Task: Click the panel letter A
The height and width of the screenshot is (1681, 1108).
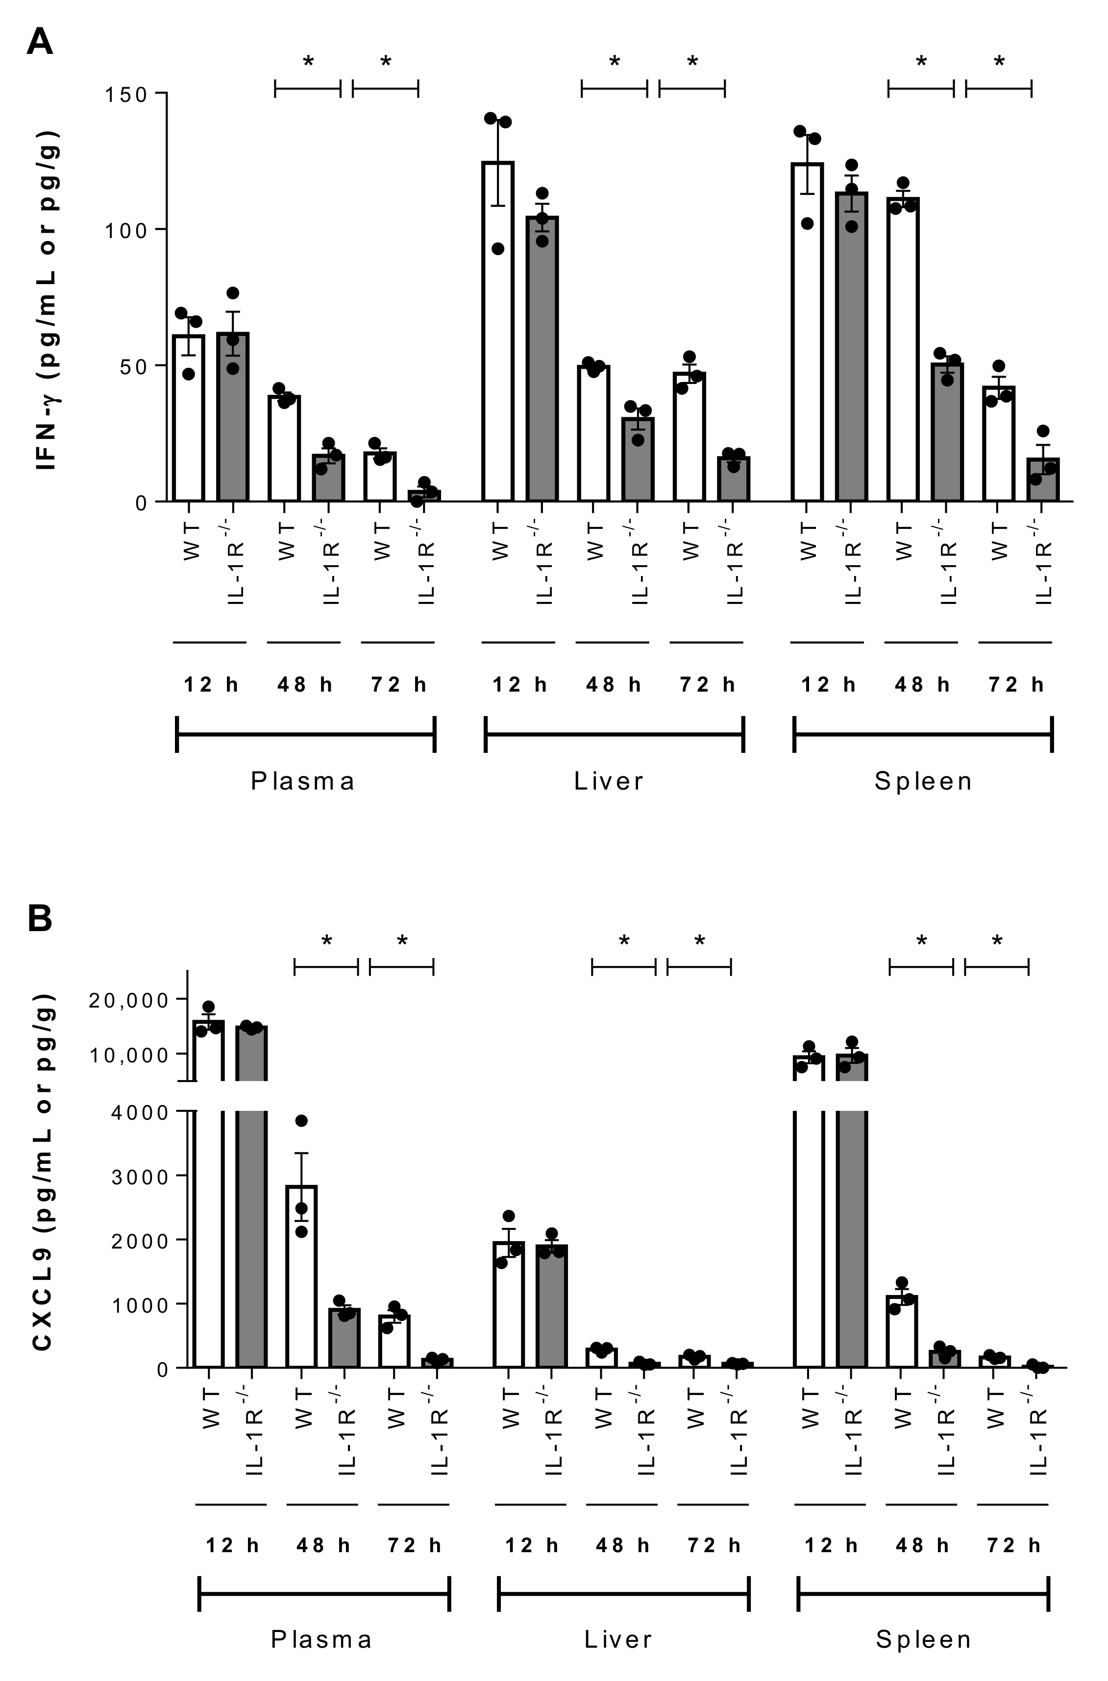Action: [x=40, y=43]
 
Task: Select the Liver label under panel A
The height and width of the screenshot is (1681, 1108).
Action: [x=609, y=781]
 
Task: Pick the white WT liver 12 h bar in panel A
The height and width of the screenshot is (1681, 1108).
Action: [x=498, y=332]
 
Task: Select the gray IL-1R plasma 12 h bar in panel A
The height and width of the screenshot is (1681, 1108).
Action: [x=232, y=417]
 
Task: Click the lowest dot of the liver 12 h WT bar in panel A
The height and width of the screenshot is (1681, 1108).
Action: [x=498, y=249]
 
